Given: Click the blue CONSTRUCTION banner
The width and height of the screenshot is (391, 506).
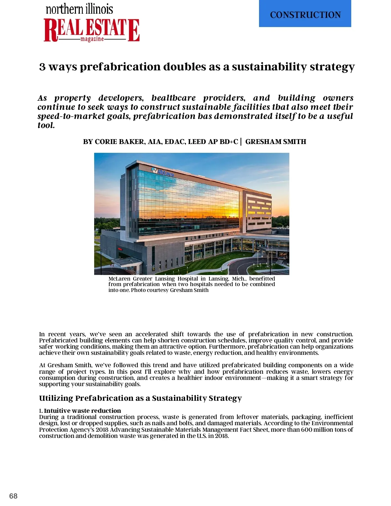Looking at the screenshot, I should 305,14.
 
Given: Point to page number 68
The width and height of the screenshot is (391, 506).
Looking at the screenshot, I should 13,496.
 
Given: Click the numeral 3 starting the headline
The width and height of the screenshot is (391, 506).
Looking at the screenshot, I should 42,67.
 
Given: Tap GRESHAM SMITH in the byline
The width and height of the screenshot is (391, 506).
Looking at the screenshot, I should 276,142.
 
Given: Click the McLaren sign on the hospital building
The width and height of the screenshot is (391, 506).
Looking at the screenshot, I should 163,172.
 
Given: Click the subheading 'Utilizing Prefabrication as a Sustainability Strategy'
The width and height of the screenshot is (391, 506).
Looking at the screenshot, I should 140,398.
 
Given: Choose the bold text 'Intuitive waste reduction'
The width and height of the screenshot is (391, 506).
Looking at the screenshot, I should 82,411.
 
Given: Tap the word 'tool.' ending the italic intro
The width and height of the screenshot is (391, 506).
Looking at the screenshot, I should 46,125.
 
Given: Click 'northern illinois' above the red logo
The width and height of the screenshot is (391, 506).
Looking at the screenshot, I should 79,9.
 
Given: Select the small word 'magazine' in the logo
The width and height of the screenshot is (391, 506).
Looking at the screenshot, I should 92,39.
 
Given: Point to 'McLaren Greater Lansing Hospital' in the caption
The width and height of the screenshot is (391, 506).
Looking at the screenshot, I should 153,279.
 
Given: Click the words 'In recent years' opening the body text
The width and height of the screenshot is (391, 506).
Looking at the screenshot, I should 62,334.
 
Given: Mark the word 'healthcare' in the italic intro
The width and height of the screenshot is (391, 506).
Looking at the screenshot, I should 173,98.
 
